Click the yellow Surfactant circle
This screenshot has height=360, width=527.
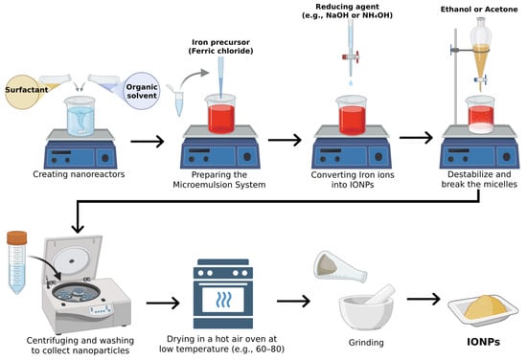pyautogui.click(x=22, y=92)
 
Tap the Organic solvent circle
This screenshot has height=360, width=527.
pyautogui.click(x=142, y=91)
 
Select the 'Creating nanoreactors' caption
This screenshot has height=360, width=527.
pyautogui.click(x=79, y=174)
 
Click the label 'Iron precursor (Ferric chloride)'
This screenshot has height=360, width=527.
pyautogui.click(x=220, y=47)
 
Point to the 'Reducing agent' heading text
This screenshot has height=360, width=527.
pyautogui.click(x=347, y=7)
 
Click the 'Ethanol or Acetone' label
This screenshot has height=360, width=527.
pyautogui.click(x=479, y=10)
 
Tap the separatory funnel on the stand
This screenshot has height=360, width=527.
pyautogui.click(x=481, y=52)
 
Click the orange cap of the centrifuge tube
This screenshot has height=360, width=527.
pyautogui.click(x=17, y=237)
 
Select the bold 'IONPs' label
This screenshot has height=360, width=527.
pyautogui.click(x=483, y=342)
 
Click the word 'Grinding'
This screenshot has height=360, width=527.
pyautogui.click(x=366, y=343)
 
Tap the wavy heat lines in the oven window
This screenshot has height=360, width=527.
pyautogui.click(x=223, y=300)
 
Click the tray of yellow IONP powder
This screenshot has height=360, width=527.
pyautogui.click(x=483, y=310)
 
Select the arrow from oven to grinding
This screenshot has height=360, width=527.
pyautogui.click(x=293, y=301)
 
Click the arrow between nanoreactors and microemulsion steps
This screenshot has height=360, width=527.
pyautogui.click(x=148, y=142)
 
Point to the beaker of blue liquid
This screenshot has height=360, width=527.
pyautogui.click(x=80, y=116)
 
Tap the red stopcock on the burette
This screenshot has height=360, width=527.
pyautogui.click(x=351, y=56)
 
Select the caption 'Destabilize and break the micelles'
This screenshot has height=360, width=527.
pyautogui.click(x=479, y=179)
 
